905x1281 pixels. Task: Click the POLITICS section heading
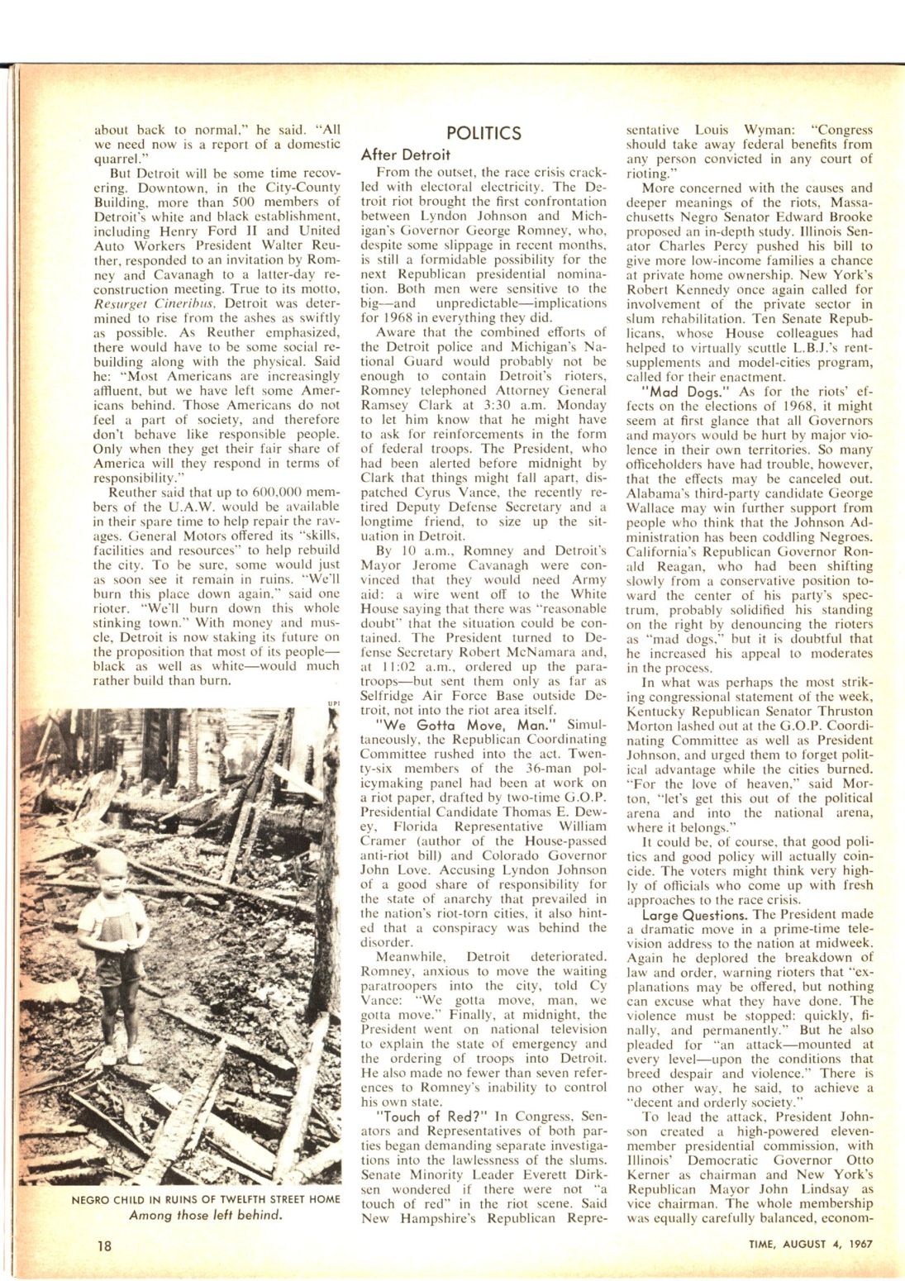[x=483, y=133]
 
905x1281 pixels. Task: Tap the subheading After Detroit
[x=405, y=155]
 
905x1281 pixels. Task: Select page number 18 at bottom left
[x=104, y=1245]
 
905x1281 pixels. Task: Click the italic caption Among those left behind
[x=205, y=1215]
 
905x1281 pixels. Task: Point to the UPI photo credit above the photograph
[x=333, y=704]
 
